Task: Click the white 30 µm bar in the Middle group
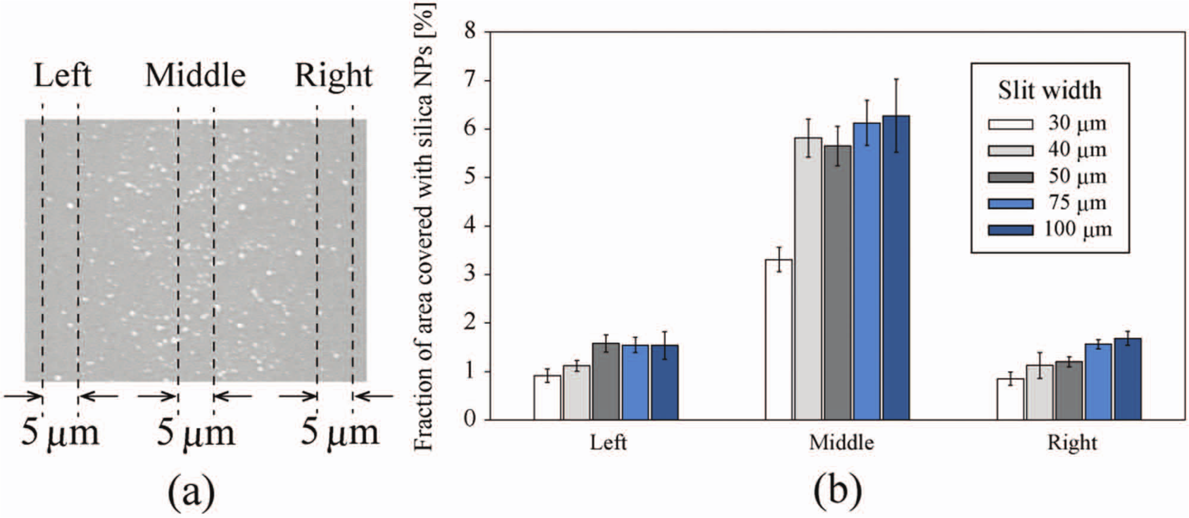coord(778,339)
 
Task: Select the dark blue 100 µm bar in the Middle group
coord(895,268)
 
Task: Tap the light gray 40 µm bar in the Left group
coord(576,393)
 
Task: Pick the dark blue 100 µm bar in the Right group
coord(1128,379)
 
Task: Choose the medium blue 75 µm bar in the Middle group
coord(866,271)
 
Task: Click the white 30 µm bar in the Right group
coord(1010,399)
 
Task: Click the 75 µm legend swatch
coord(1010,203)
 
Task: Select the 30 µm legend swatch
coord(1010,124)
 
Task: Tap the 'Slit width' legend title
coord(1049,90)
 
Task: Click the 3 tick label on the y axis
coord(470,274)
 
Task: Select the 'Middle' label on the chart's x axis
coord(841,443)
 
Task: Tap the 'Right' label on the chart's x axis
coord(1072,443)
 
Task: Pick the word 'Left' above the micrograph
coord(62,75)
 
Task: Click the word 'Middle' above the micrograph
coord(195,75)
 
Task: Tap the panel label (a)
coord(191,492)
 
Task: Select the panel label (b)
coord(838,491)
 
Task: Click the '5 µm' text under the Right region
coord(339,432)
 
